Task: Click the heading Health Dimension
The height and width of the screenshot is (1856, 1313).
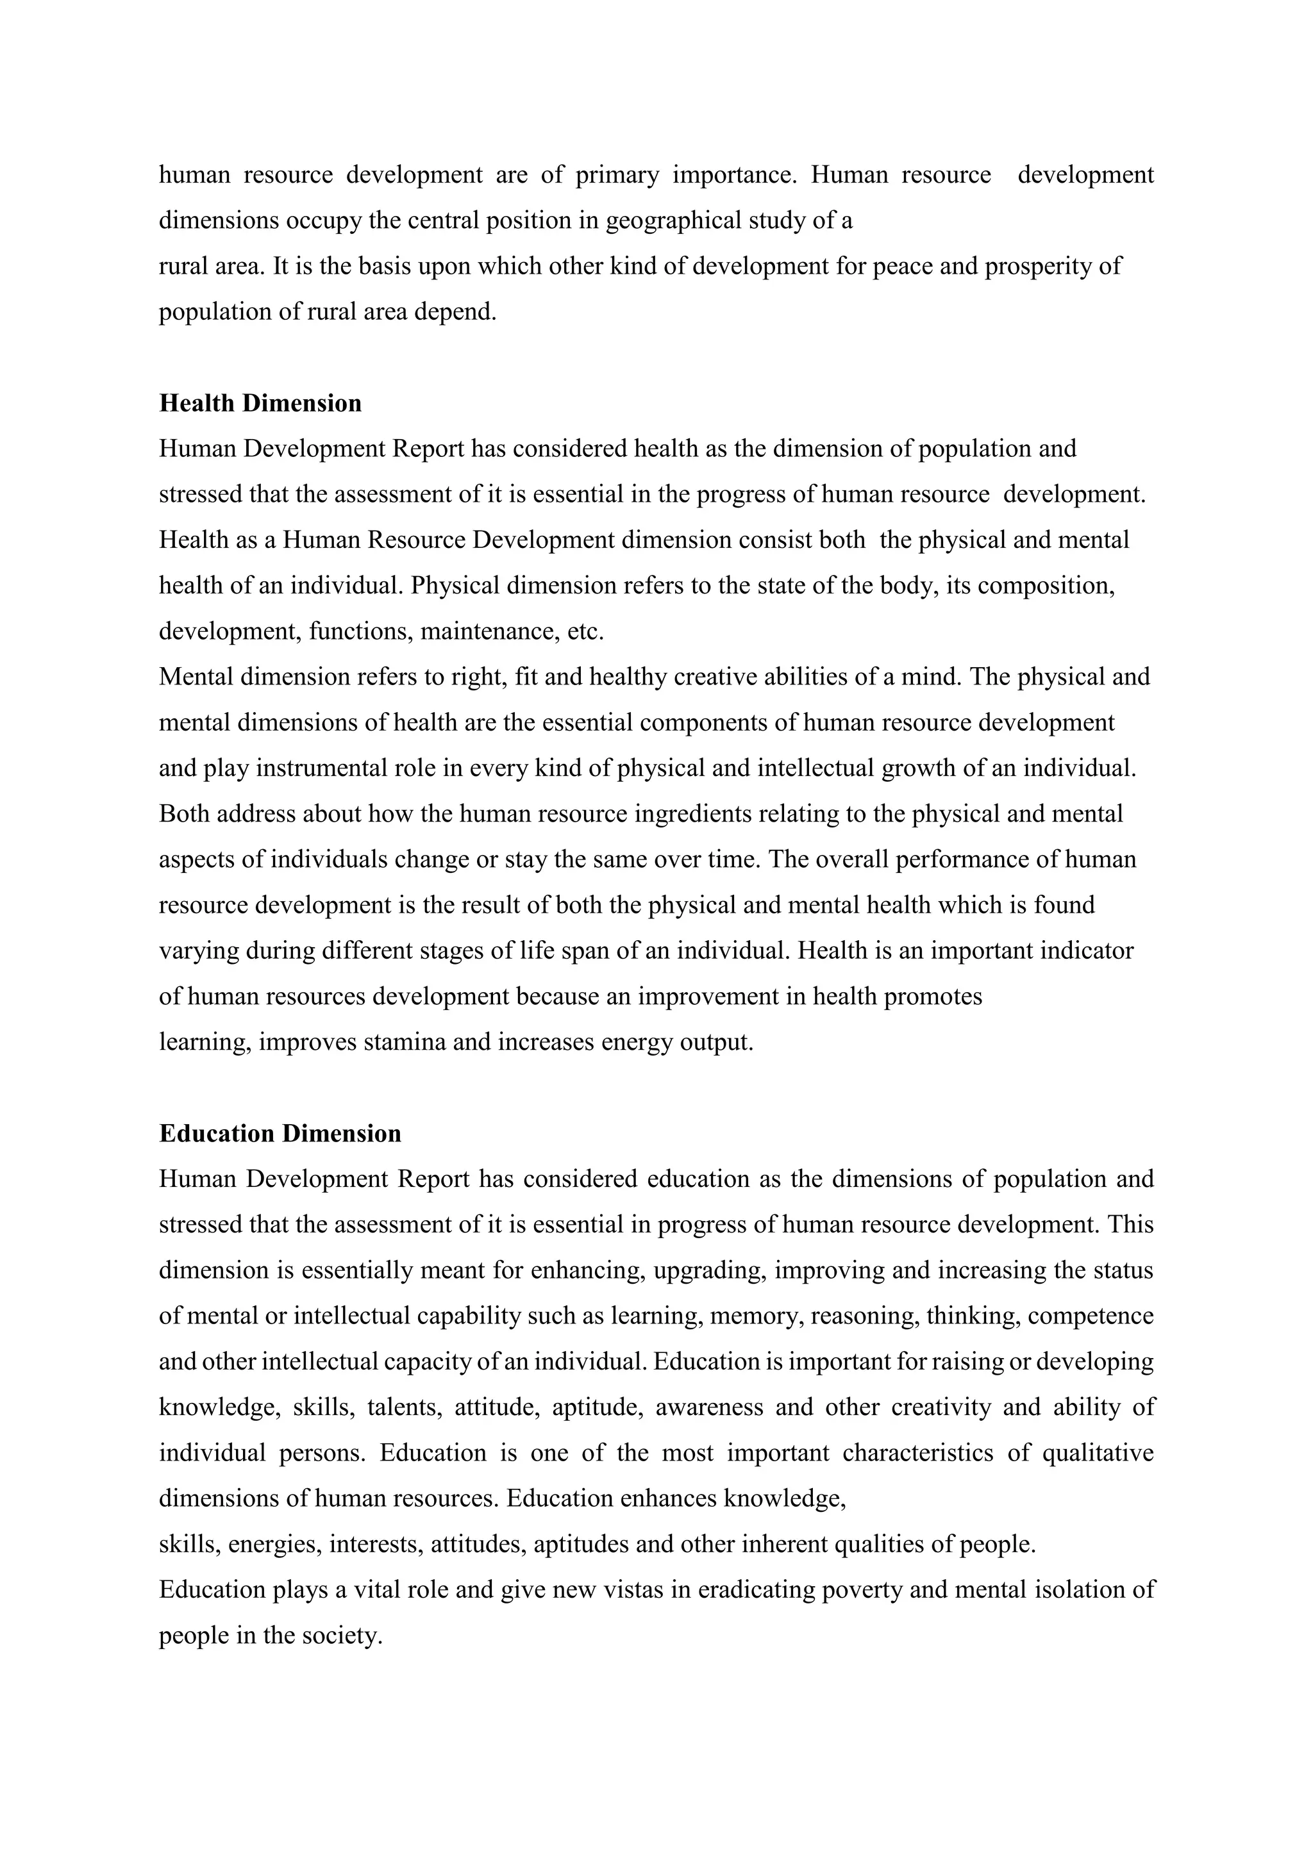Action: [260, 402]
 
